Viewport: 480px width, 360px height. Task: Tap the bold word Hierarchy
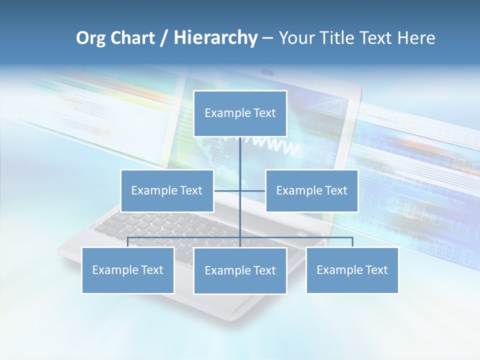pos(215,38)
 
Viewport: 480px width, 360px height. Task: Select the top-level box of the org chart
pos(240,113)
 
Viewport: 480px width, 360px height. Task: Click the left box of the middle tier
pos(167,190)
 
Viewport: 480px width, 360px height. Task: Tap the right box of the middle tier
pos(312,190)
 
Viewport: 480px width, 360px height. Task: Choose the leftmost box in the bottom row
pos(127,270)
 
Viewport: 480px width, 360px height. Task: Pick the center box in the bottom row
pos(240,270)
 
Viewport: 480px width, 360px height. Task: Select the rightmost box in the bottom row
pos(352,270)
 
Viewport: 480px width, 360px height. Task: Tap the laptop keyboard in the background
pos(150,225)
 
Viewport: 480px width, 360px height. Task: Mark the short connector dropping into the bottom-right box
pos(352,242)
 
